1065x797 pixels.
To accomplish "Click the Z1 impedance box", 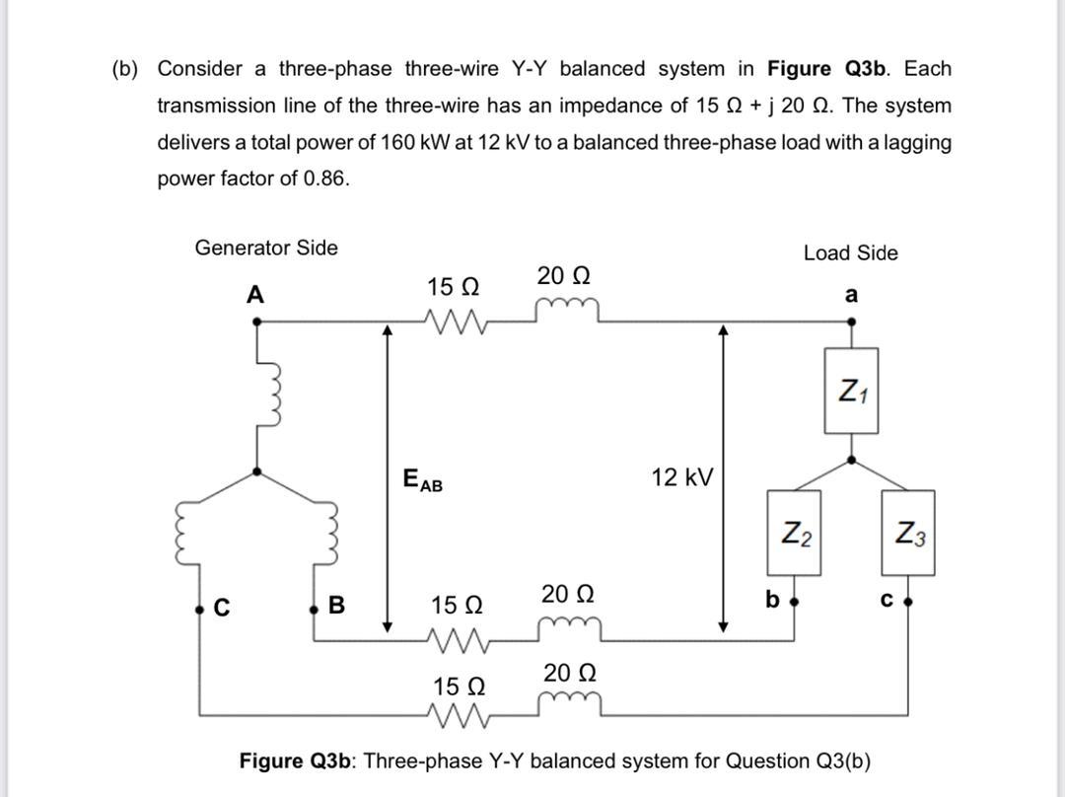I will click(852, 391).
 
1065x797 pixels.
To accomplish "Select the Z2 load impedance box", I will click(796, 534).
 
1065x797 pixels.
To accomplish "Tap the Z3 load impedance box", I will click(908, 534).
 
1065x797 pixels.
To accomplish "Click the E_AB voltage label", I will click(423, 481).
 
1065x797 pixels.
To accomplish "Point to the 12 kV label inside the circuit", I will click(681, 478).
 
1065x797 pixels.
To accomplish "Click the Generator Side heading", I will click(266, 248).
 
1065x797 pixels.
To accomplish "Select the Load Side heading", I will click(850, 254).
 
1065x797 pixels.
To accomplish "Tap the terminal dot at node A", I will click(256, 321).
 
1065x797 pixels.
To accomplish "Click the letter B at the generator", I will click(336, 606).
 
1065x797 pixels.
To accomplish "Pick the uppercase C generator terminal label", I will click(222, 608).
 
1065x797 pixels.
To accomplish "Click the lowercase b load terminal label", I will click(772, 599).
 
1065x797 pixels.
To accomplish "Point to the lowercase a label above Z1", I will click(851, 295).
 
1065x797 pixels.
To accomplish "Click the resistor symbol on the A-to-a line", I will click(455, 321).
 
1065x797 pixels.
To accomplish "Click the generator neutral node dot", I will click(256, 471).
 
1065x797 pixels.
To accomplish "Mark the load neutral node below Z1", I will click(852, 460).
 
